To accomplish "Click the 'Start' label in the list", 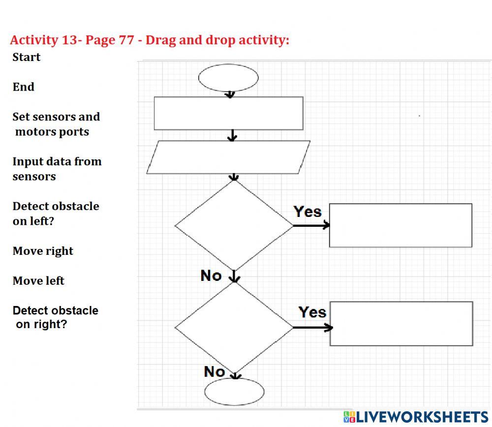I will pyautogui.click(x=27, y=57).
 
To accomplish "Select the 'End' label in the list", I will pyautogui.click(x=24, y=87).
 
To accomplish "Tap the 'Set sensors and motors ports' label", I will pyautogui.click(x=56, y=124).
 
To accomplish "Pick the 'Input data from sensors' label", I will pyautogui.click(x=57, y=169).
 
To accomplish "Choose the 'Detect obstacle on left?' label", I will pyautogui.click(x=56, y=213).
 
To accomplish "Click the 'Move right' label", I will pyautogui.click(x=43, y=251).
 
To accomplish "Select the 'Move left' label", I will pyautogui.click(x=38, y=281).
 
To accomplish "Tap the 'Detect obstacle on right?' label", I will pyautogui.click(x=55, y=317).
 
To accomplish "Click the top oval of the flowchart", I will pyautogui.click(x=228, y=78).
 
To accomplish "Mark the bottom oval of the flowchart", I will pyautogui.click(x=234, y=392).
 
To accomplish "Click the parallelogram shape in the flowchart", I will pyautogui.click(x=228, y=157).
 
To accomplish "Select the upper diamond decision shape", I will pyautogui.click(x=234, y=226).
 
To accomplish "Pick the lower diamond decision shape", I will pyautogui.click(x=234, y=328).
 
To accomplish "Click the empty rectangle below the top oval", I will pyautogui.click(x=228, y=113).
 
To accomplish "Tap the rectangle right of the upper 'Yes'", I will pyautogui.click(x=400, y=225).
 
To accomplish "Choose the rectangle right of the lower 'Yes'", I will pyautogui.click(x=401, y=324).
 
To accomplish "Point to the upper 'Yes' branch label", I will pyautogui.click(x=307, y=212).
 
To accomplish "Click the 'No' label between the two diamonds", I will pyautogui.click(x=211, y=275).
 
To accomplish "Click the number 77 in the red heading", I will pyautogui.click(x=126, y=40).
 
